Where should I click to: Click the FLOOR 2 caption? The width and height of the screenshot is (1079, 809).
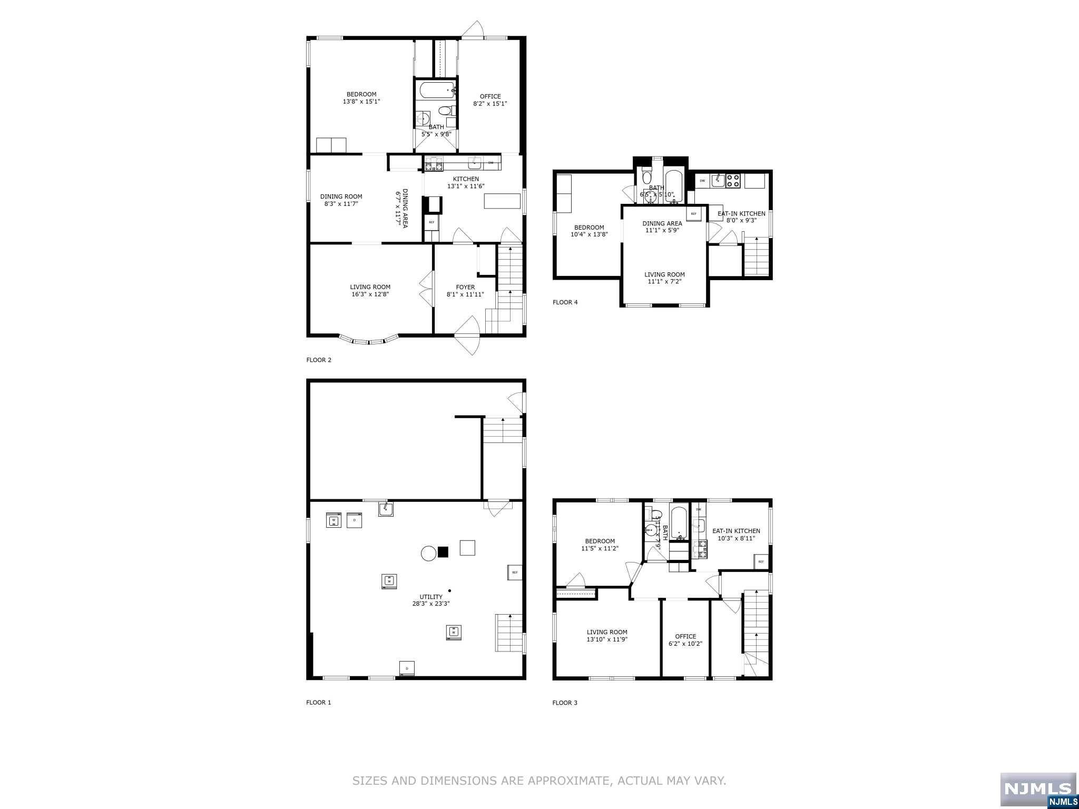319,360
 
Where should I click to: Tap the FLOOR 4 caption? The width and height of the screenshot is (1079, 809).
565,302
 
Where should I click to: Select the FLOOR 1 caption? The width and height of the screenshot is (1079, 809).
319,702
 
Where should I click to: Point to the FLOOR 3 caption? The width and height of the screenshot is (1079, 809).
565,703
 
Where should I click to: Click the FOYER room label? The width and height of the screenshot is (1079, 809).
465,287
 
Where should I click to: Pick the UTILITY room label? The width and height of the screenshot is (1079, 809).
431,597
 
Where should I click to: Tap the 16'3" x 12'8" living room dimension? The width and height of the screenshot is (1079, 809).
370,294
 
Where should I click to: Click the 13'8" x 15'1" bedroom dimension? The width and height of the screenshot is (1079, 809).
361,101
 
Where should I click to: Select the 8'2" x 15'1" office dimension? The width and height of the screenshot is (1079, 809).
490,104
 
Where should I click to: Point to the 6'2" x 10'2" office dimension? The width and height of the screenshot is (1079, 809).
685,644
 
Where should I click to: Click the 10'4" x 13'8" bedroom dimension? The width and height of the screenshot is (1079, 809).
589,234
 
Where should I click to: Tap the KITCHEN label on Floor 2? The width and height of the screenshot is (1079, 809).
466,179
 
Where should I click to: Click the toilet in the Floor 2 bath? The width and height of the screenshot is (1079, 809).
446,111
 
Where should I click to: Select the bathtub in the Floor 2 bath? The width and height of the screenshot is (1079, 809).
436,91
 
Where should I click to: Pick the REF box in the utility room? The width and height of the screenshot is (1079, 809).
515,572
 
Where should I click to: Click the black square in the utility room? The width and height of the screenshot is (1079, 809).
443,552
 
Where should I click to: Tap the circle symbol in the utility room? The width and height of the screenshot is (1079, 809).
428,553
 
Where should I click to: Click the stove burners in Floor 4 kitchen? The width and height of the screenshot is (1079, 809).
733,181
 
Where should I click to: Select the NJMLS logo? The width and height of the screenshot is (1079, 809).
1038,790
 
